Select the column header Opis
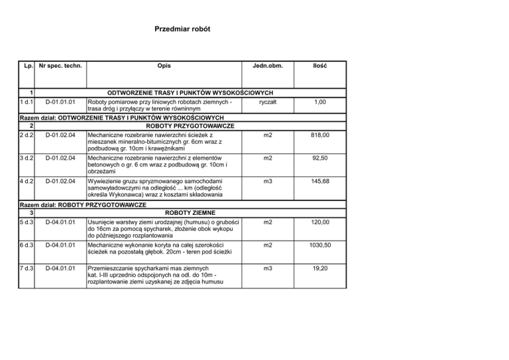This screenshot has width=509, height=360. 163,67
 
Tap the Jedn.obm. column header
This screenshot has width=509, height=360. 267,67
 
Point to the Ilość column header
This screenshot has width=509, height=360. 320,67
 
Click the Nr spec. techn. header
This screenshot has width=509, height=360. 60,67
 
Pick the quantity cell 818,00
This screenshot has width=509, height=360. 320,135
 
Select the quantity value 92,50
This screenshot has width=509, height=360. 321,159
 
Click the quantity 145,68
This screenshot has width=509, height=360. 320,182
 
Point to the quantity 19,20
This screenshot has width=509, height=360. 321,270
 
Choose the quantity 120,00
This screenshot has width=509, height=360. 320,223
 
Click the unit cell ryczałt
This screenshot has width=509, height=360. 267,103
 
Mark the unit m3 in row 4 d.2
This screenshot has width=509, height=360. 267,182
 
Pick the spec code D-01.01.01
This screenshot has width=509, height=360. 60,103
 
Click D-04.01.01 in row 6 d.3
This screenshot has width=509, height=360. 60,246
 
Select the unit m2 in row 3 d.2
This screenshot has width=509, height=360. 267,159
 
